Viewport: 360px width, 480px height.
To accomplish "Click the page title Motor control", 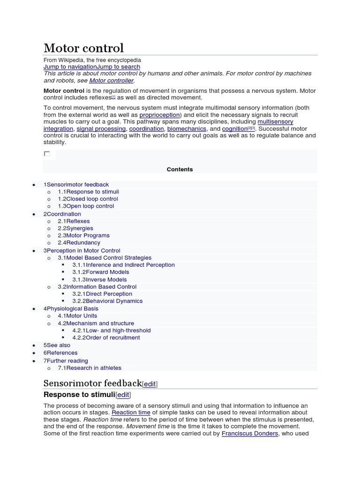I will click(83, 48).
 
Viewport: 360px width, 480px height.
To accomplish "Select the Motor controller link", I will click(111, 80).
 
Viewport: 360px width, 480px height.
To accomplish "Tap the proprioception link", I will click(160, 115).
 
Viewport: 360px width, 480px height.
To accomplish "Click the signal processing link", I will click(101, 128).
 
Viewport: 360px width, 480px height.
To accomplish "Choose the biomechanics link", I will click(187, 128).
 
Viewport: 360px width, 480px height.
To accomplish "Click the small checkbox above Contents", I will click(47, 154).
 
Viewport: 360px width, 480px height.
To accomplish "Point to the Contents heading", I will click(180, 169).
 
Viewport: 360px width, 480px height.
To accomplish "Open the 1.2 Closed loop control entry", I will click(88, 199).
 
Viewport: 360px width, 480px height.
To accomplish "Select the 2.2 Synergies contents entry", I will click(75, 228).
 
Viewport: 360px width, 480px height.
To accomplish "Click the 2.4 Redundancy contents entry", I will click(79, 242).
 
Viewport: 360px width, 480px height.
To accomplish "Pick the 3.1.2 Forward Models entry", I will click(101, 272).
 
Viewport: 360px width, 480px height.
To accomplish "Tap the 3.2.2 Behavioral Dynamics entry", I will click(107, 301).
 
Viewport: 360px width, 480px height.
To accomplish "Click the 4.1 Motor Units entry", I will click(78, 315).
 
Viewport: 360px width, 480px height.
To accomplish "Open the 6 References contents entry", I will click(60, 352).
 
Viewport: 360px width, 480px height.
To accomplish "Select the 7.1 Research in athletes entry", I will click(90, 368).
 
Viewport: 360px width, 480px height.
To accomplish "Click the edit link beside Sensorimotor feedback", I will click(150, 384).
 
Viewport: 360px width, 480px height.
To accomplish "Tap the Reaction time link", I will click(131, 412).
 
